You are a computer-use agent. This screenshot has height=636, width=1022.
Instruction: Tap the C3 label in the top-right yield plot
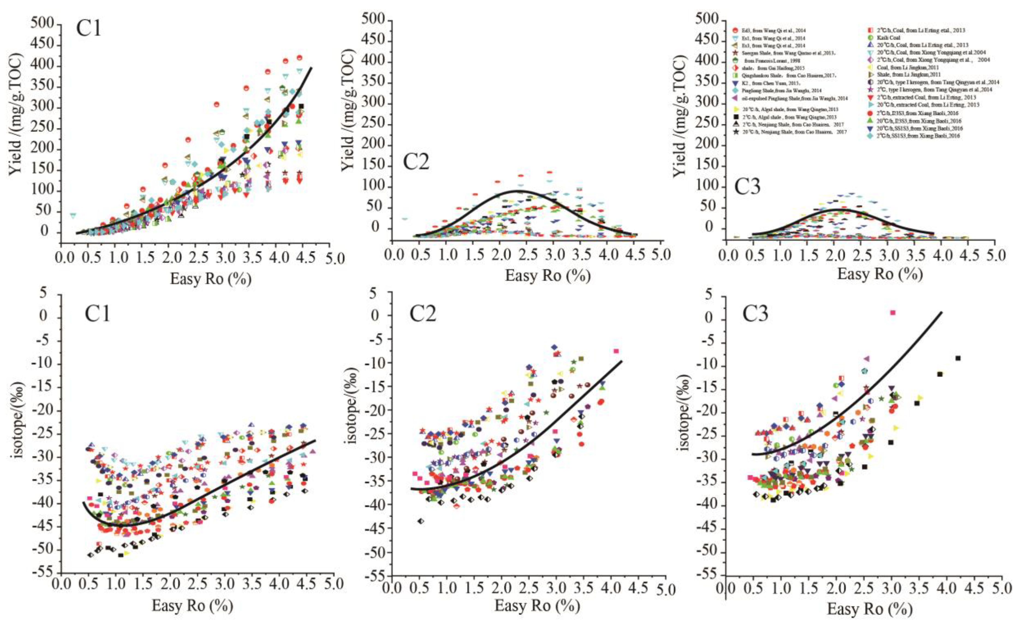pos(748,186)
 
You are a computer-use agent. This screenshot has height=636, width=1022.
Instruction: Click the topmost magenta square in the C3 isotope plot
pos(892,312)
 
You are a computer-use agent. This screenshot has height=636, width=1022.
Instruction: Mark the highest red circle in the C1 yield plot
pos(299,58)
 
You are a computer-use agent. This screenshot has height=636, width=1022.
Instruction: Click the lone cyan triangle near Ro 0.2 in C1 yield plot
pos(73,215)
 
